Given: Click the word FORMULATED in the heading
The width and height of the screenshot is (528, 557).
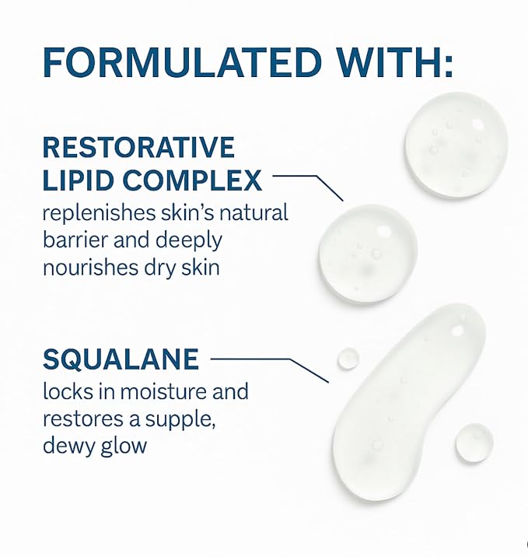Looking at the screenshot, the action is (182, 62).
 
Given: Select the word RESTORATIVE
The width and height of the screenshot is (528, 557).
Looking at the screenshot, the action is (138, 147).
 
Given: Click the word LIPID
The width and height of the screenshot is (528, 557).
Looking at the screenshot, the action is (79, 180).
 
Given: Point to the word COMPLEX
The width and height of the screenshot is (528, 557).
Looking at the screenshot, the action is (192, 180).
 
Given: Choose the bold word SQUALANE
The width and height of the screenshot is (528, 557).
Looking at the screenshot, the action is (121, 359).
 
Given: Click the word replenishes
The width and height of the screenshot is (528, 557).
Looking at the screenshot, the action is (99, 214).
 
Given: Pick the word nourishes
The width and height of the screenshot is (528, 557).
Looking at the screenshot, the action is (90, 267).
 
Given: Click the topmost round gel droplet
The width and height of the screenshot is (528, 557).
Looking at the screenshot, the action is (456, 145).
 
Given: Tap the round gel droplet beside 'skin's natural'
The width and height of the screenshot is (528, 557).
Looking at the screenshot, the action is (368, 254).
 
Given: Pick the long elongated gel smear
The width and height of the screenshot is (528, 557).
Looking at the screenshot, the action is (409, 401).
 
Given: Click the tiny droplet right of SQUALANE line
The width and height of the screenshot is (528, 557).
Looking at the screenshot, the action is (348, 359).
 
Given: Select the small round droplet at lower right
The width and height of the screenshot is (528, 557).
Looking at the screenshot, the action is (474, 443).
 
